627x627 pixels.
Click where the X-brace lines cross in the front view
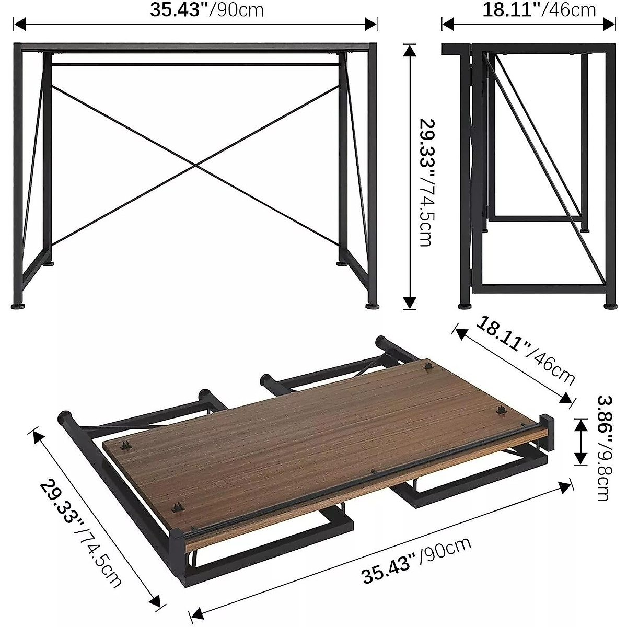coord(195,167)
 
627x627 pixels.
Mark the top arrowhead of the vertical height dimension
coord(410,50)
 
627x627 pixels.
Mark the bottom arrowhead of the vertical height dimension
coord(410,303)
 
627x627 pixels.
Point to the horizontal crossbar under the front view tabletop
coord(195,64)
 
